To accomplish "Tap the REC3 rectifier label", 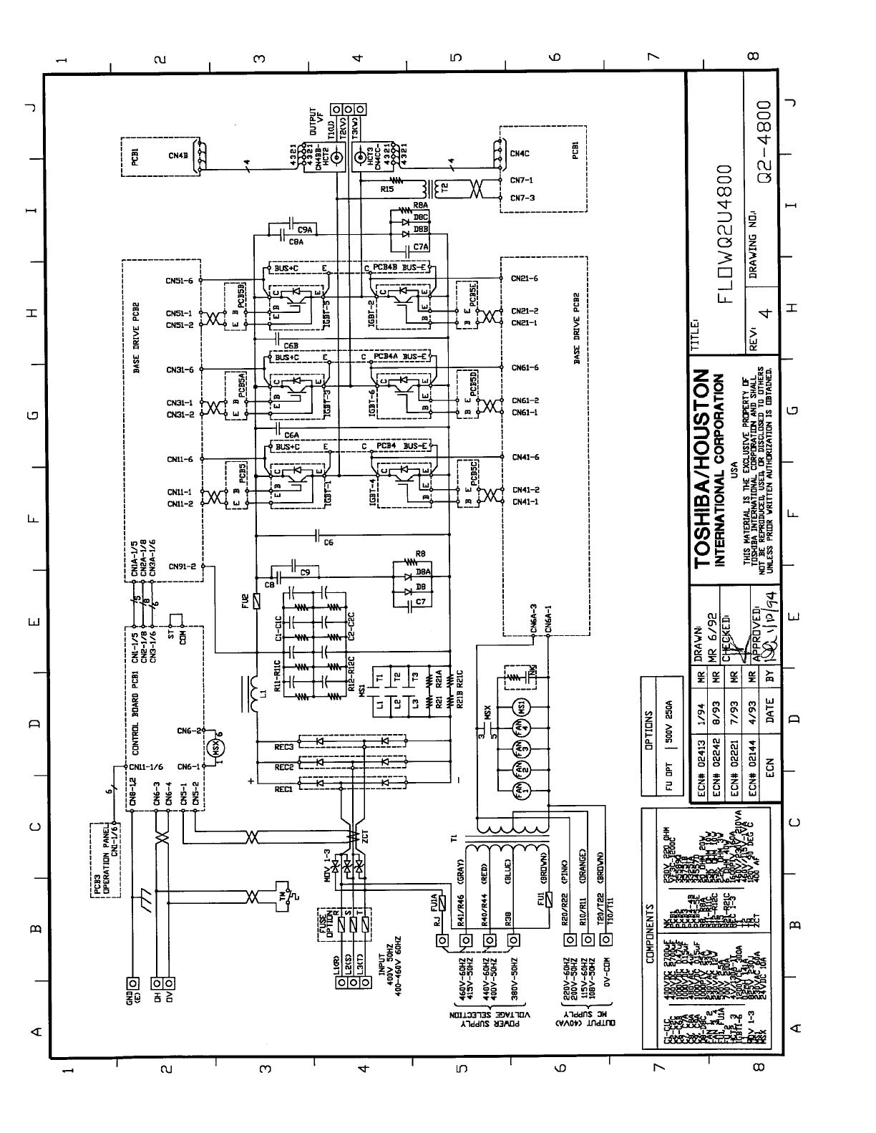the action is tap(284, 746).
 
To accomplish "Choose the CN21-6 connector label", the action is tap(525, 278).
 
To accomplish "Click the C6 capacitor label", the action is tap(328, 542).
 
